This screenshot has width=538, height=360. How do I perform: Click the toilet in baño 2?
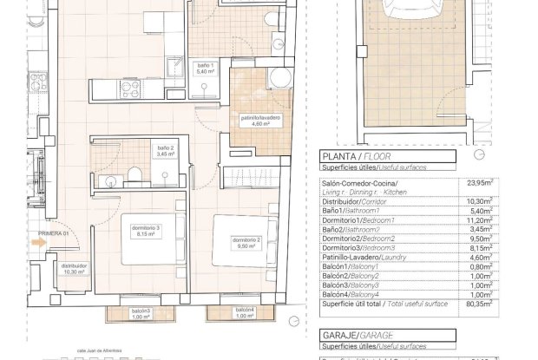click(x=135, y=177)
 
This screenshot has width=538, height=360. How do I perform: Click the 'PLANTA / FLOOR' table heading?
click(x=351, y=157)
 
